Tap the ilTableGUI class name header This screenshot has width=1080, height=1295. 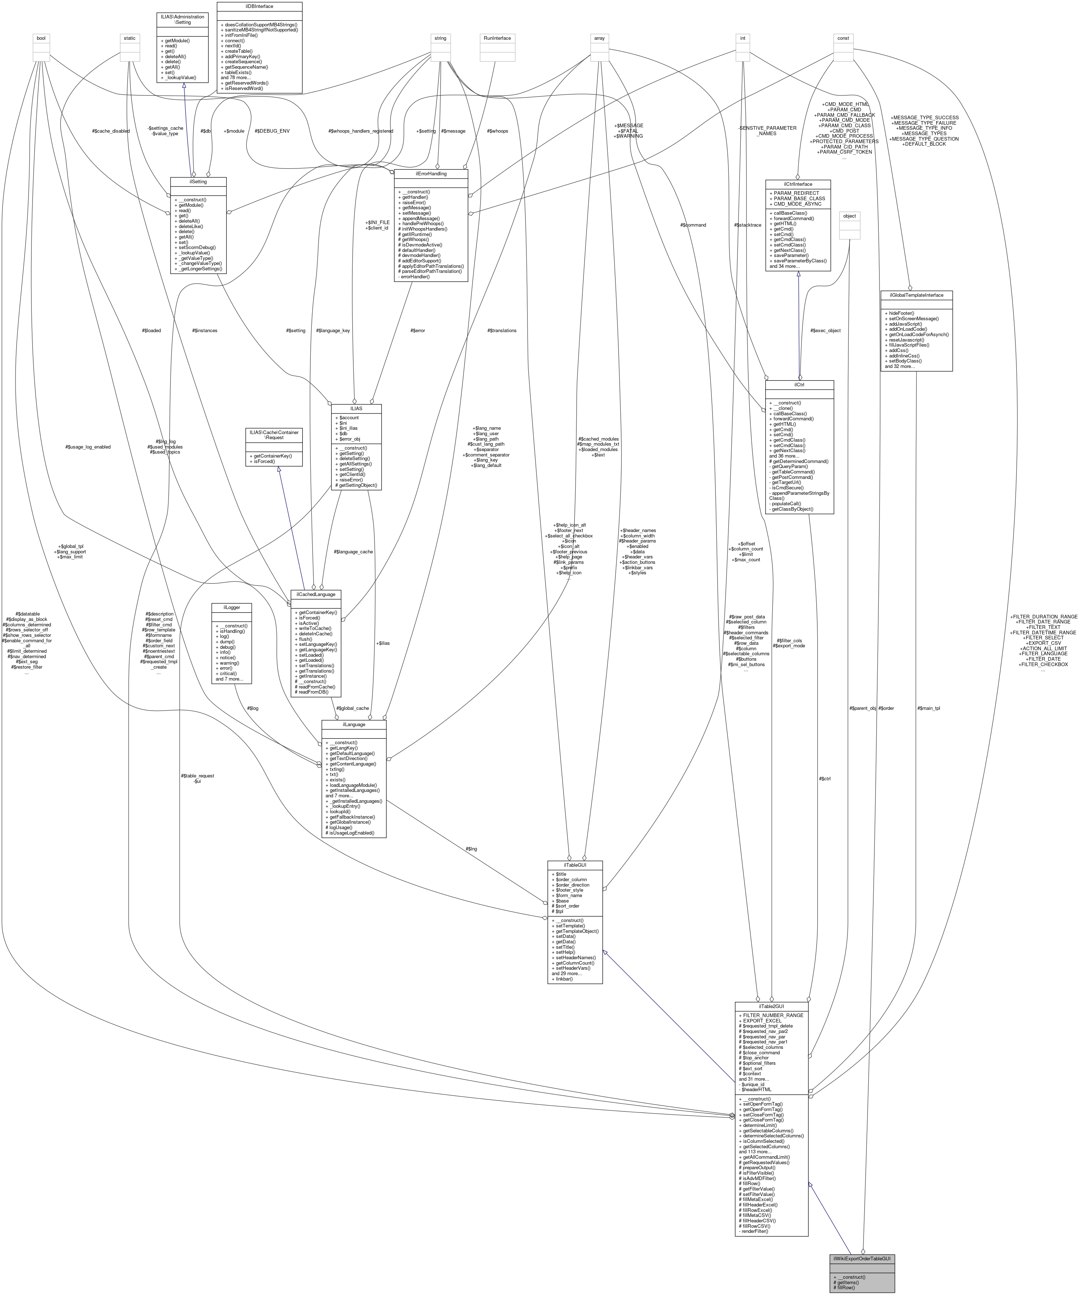[x=575, y=865]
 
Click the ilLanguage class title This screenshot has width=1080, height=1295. [x=353, y=725]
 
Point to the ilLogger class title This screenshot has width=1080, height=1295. [x=231, y=608]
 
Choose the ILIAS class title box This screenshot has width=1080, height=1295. [x=356, y=408]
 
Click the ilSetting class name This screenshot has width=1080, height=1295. [x=198, y=182]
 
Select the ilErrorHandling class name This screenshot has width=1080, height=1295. [x=431, y=174]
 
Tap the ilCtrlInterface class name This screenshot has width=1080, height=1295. [x=798, y=184]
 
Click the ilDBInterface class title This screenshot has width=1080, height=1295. [x=259, y=6]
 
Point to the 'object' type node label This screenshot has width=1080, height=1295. [x=849, y=216]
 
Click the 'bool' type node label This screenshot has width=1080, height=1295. [x=41, y=38]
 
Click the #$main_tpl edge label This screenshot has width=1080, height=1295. [x=928, y=708]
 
